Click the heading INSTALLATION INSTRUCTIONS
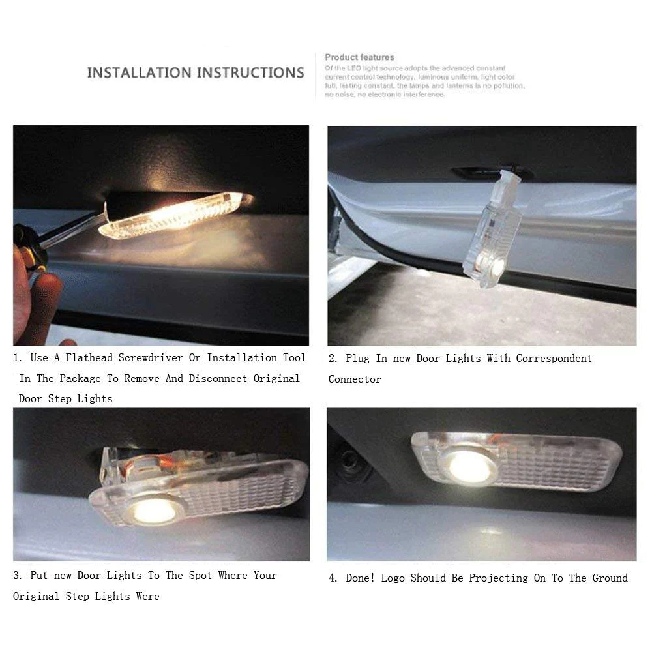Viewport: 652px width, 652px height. (196, 72)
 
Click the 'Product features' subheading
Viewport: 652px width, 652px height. (359, 57)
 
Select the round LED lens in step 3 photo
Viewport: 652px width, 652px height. (154, 509)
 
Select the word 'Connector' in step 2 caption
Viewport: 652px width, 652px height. (355, 379)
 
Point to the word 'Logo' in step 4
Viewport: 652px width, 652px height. (394, 578)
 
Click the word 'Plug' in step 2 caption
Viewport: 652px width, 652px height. (357, 358)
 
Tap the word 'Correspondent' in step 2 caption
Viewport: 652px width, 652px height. (554, 358)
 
